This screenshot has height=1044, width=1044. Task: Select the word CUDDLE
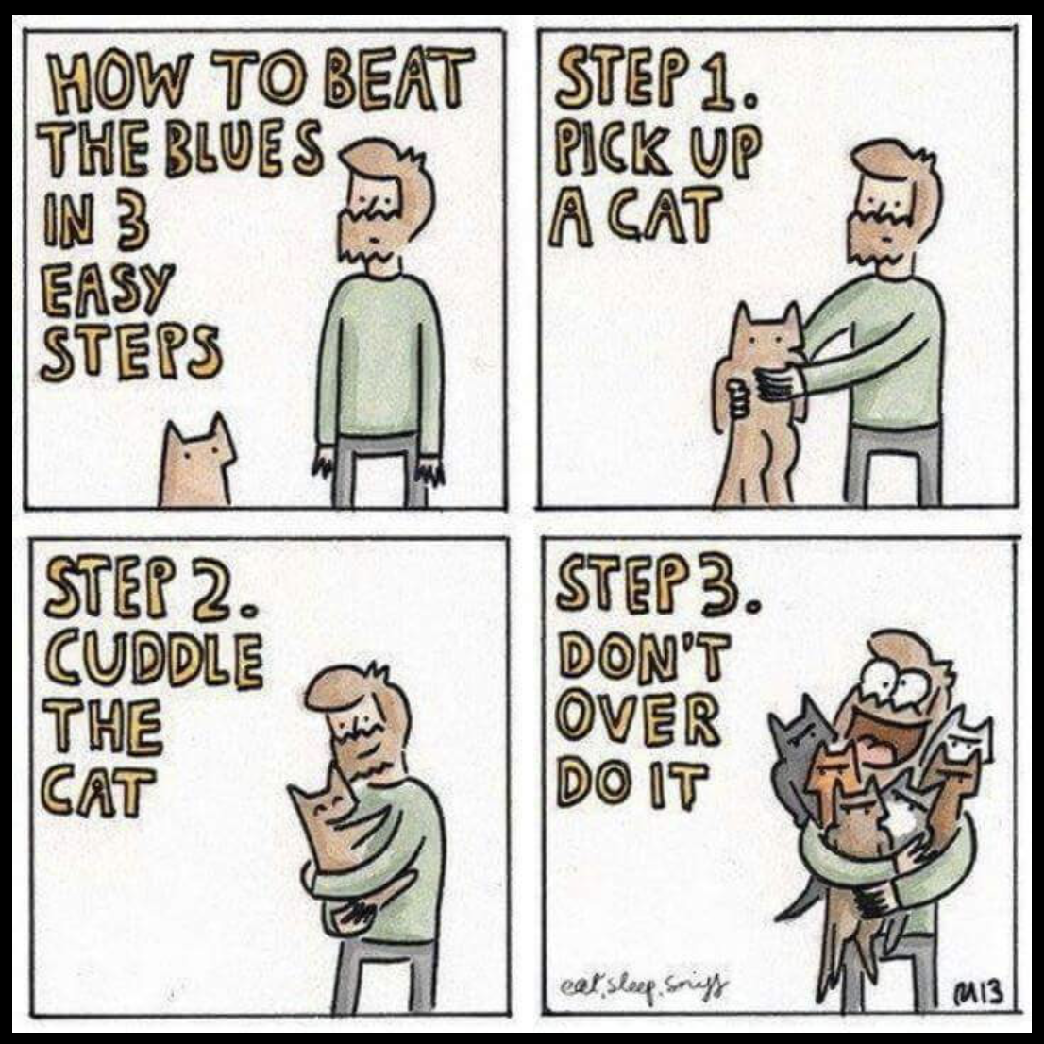[x=154, y=659]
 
